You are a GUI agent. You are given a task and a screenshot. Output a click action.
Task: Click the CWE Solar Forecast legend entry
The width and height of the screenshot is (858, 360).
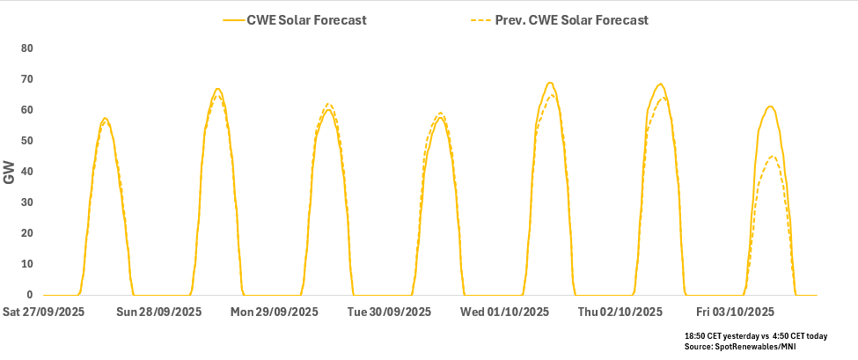coord(305,20)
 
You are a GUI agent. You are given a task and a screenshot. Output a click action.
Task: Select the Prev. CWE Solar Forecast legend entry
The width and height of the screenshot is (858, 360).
coord(585,20)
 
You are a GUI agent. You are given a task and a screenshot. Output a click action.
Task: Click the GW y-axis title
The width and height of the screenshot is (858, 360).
coord(10,173)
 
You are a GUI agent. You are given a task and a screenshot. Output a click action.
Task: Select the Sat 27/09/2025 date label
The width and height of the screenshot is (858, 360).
coord(44,312)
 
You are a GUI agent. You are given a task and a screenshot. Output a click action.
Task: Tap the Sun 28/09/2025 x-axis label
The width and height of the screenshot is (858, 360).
coord(158,312)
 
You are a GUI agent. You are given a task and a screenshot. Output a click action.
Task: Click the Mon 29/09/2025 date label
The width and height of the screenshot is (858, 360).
coord(274,312)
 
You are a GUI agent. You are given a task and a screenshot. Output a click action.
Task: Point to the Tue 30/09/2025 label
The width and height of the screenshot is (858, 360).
coord(389,312)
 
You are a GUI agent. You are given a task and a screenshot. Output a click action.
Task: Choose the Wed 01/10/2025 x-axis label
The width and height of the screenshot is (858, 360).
coord(504,312)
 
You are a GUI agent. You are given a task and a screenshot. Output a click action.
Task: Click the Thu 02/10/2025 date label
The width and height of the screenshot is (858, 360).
coord(620,312)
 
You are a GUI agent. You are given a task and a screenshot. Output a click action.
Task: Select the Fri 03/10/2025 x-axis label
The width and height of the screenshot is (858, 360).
coord(735,312)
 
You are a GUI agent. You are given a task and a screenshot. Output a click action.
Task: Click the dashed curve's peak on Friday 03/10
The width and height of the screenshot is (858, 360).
coord(772,157)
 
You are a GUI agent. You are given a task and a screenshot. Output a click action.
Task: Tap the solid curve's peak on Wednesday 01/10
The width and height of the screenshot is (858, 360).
coord(550,83)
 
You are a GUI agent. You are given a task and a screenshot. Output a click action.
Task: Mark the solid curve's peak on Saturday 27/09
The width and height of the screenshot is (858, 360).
coord(105,118)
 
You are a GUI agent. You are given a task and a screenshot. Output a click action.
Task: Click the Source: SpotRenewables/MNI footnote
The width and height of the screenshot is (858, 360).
coord(741,348)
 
